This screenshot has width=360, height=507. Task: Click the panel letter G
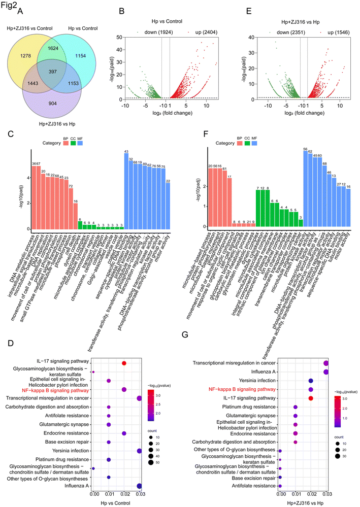point(186,349)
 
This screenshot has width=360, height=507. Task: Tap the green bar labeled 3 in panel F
point(301,223)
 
